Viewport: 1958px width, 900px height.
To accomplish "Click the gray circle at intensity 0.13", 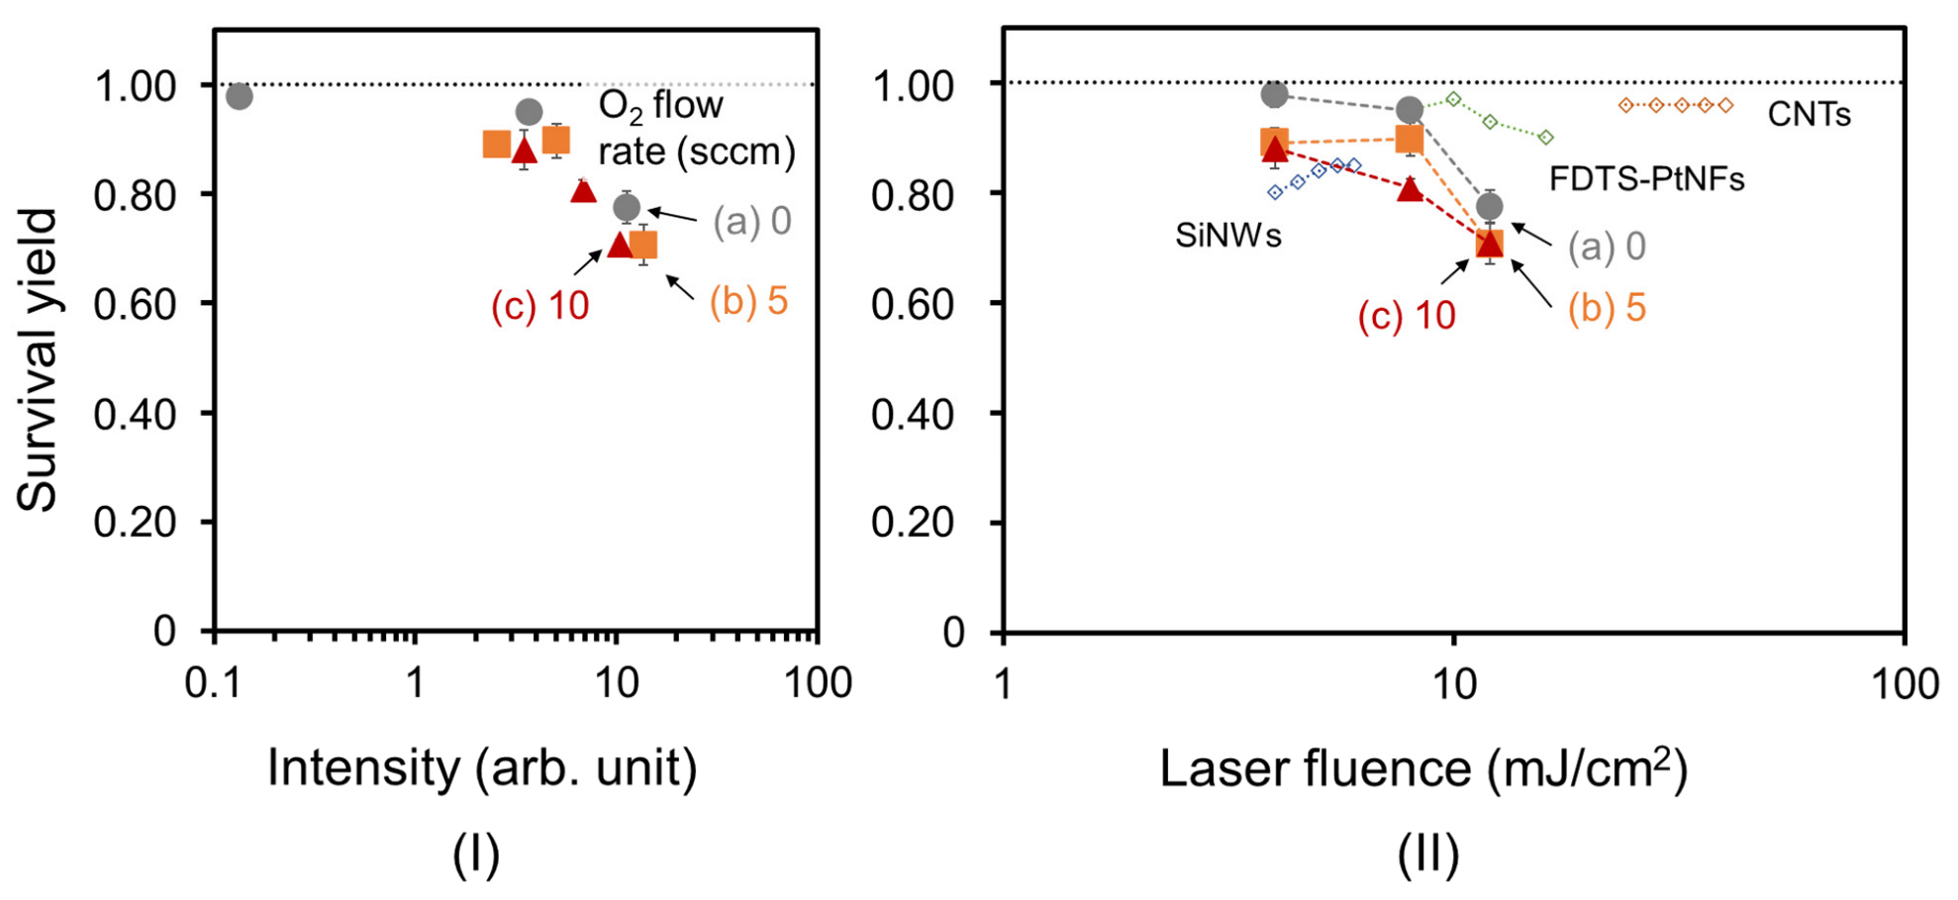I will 239,96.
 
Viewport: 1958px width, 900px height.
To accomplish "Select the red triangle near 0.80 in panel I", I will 583,190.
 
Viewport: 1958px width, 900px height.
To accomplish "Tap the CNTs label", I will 1809,115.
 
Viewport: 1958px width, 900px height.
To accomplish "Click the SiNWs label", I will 1227,236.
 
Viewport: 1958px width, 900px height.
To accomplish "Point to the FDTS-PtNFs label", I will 1646,179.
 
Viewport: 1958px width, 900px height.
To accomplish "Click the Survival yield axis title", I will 38,359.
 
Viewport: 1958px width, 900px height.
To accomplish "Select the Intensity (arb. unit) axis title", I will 482,768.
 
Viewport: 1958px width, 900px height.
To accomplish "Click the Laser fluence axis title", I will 1422,768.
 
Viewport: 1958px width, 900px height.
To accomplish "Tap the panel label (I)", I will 476,853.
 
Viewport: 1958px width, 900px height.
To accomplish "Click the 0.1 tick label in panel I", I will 215,683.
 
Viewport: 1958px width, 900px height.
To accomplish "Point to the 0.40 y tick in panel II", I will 912,414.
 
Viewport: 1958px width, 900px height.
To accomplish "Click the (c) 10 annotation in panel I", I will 539,306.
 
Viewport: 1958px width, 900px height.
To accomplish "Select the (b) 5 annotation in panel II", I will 1606,308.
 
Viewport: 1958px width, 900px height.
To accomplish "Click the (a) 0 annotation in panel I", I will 751,221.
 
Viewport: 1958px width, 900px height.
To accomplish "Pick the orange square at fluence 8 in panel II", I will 1409,139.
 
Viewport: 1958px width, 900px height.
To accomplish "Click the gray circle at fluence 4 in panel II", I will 1275,94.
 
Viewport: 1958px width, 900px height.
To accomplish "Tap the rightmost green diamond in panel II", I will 1546,138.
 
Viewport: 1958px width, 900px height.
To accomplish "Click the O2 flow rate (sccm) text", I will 696,129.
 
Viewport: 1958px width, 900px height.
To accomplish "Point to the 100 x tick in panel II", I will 1904,685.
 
